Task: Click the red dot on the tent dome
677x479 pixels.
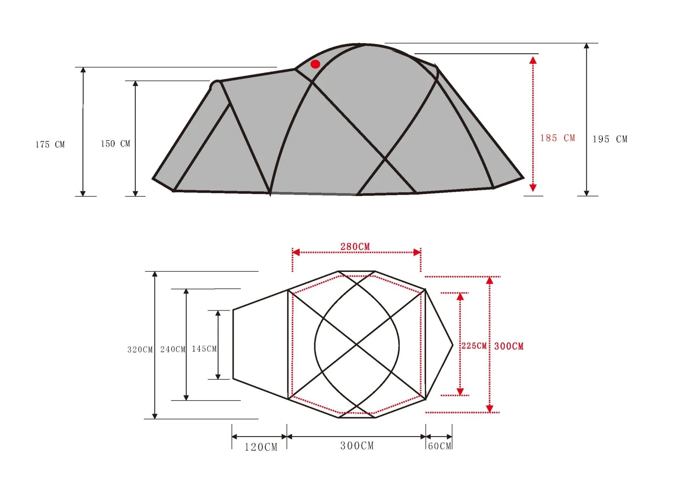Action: (x=315, y=64)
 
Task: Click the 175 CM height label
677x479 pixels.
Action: (x=50, y=145)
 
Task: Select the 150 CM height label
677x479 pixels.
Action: (x=116, y=144)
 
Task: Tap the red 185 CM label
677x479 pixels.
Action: (x=558, y=138)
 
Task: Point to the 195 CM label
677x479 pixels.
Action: (x=610, y=139)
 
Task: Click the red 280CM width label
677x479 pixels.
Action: (x=355, y=246)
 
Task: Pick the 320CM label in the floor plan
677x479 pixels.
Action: (x=140, y=349)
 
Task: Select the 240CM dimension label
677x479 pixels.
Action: (x=173, y=349)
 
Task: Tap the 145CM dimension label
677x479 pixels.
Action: (x=204, y=349)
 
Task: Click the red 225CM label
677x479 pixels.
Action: (x=474, y=346)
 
